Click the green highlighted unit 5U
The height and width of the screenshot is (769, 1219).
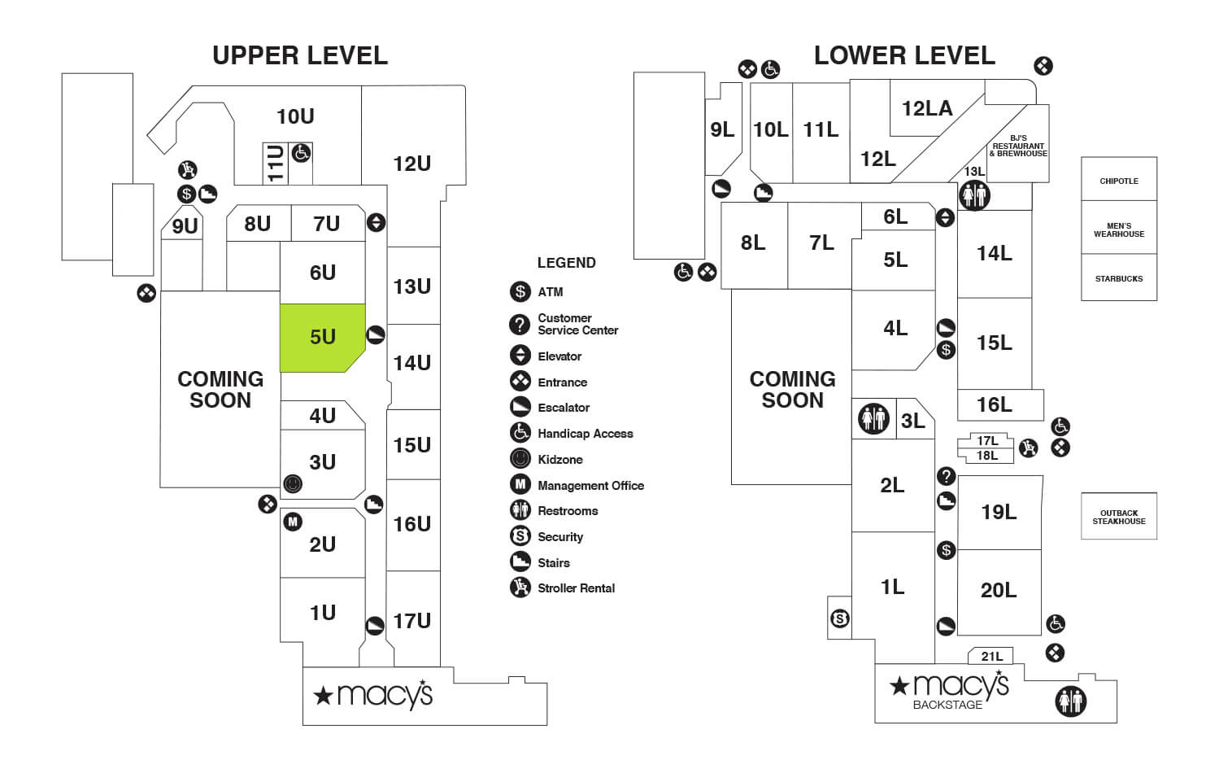tap(322, 337)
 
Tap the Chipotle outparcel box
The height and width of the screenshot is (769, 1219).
tap(1118, 180)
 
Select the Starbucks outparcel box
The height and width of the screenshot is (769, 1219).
tap(1118, 278)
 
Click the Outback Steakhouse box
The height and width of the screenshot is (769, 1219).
tap(1118, 517)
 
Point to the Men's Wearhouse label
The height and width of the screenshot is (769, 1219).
tap(1118, 229)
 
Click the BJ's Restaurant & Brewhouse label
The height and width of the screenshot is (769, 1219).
tap(1018, 146)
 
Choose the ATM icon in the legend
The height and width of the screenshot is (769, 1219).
tap(520, 291)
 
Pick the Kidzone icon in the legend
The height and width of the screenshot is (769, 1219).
tap(520, 459)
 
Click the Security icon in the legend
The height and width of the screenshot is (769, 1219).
tap(520, 536)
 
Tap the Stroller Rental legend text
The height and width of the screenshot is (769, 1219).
tap(576, 588)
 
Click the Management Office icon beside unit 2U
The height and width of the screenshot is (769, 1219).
tap(293, 522)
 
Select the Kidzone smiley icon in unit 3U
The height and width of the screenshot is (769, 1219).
tap(293, 484)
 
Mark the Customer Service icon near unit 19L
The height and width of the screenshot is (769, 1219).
tap(946, 476)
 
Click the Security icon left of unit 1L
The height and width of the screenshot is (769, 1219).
tap(840, 619)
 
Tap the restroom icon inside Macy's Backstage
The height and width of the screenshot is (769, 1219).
tap(1070, 701)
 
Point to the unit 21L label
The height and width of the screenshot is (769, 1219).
tap(991, 656)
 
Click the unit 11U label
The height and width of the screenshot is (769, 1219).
tap(276, 163)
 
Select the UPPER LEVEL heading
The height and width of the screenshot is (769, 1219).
tap(300, 55)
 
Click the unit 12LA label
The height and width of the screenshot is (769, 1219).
tap(926, 108)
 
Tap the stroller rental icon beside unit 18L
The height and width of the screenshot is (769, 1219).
tap(1029, 447)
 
